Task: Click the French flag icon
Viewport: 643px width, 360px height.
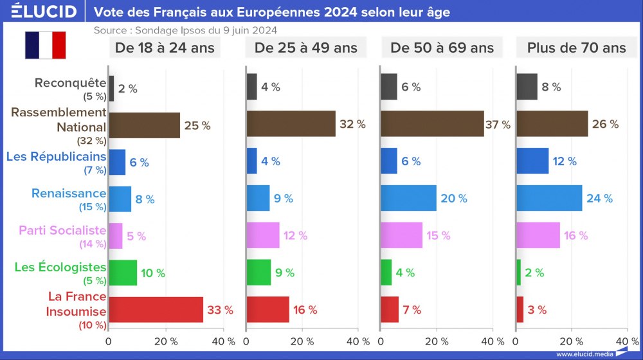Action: click(46, 45)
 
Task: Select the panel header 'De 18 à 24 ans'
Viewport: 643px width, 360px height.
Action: click(165, 48)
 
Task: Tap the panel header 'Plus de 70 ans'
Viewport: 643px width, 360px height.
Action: click(576, 48)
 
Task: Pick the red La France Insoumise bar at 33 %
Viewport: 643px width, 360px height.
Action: click(156, 310)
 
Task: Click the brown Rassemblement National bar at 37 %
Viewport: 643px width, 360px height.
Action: click(432, 124)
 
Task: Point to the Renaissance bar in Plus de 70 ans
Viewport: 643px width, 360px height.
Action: click(549, 198)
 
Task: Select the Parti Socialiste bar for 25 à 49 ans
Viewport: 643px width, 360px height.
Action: click(262, 235)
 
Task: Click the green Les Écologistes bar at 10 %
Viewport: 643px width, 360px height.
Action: click(122, 273)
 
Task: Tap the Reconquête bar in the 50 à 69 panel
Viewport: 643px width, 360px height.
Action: click(389, 87)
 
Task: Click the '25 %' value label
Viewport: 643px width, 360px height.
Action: click(197, 125)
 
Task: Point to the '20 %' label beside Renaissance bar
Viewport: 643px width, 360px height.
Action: click(454, 199)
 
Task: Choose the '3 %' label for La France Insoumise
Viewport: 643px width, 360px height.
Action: click(537, 310)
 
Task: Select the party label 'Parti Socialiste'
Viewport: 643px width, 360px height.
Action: click(62, 230)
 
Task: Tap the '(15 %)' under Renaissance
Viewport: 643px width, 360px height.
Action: click(91, 207)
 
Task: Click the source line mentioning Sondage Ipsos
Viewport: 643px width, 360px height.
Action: click(186, 30)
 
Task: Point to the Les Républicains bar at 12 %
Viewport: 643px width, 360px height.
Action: click(532, 161)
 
